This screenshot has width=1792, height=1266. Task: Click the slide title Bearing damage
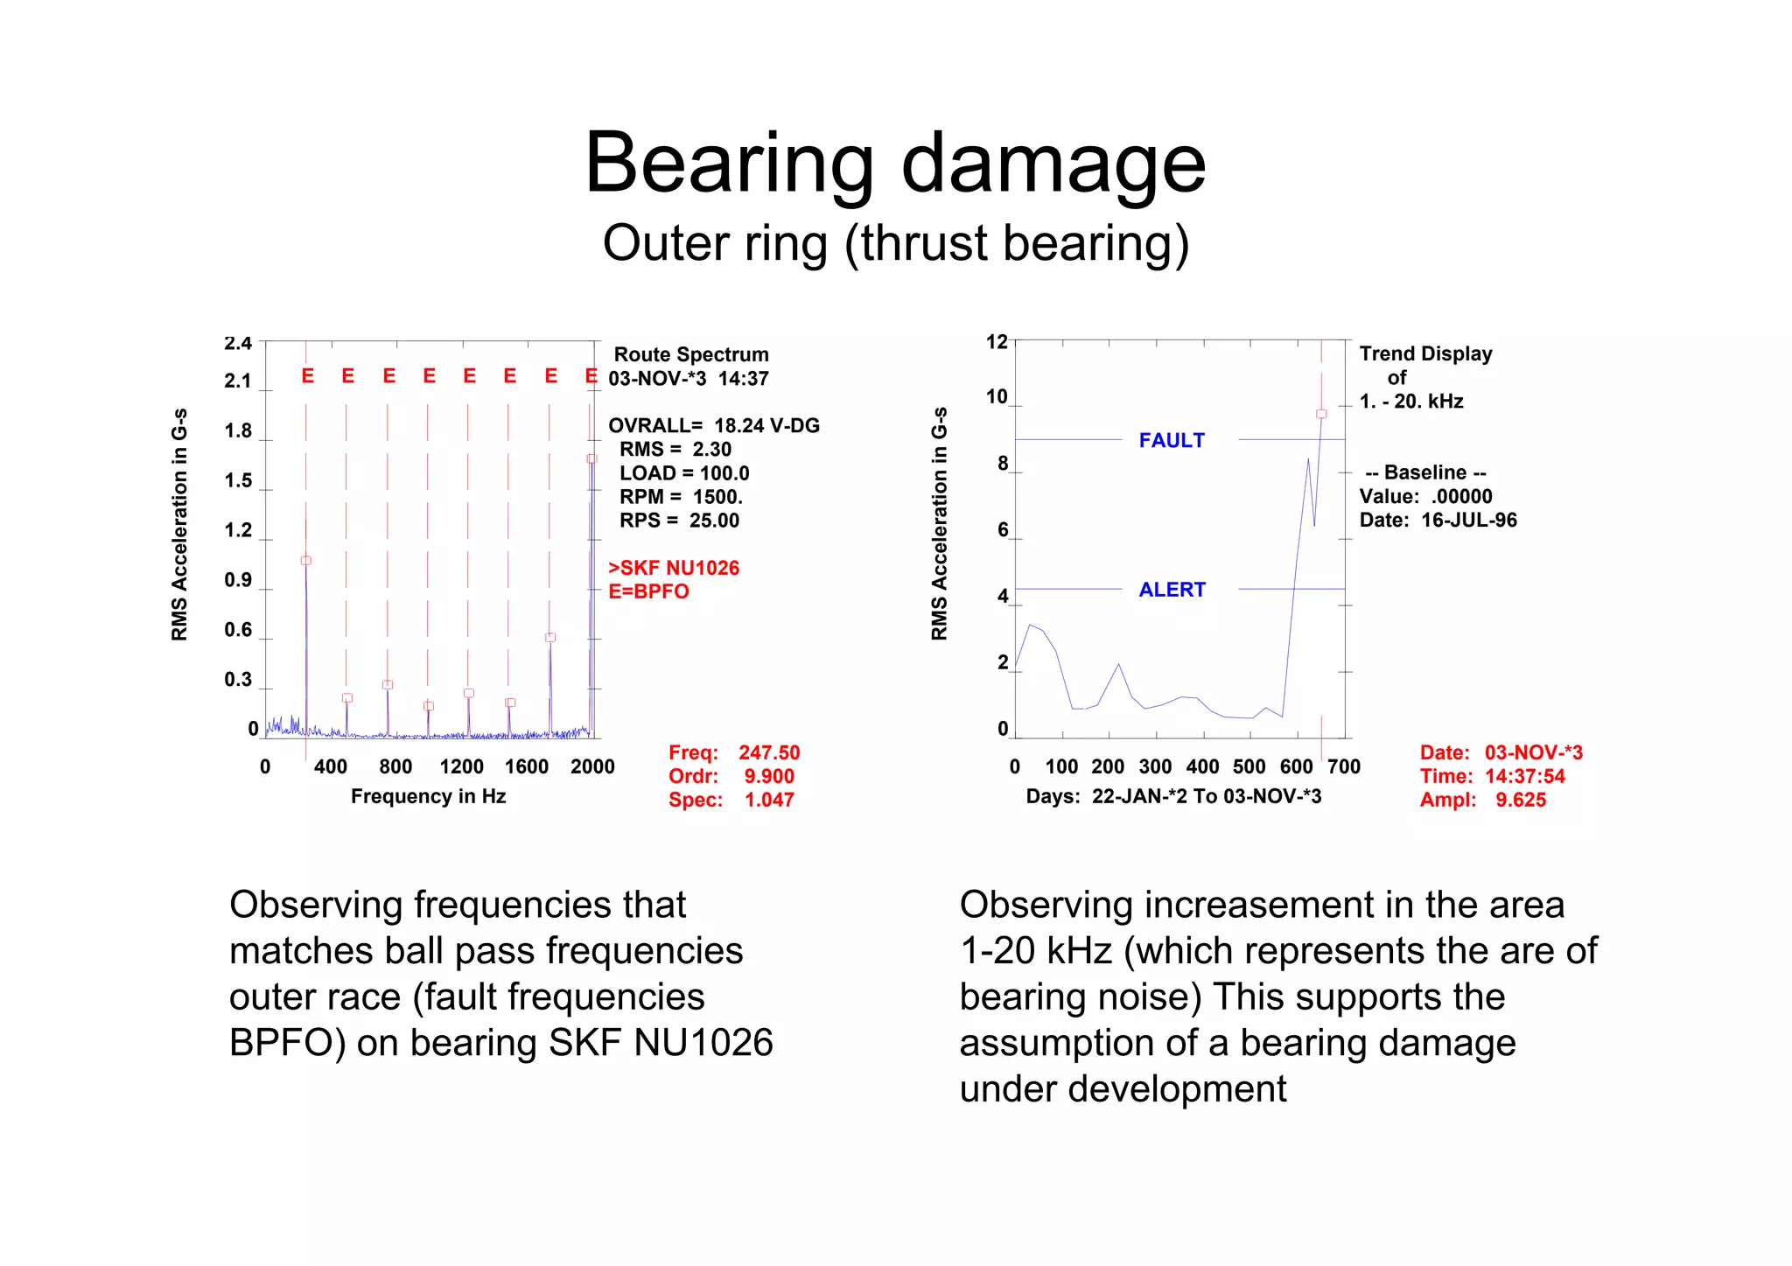[895, 164]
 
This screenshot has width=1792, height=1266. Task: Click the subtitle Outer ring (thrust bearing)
[895, 243]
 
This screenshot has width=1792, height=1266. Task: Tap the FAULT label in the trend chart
[1171, 440]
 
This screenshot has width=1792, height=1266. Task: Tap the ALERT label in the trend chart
[1171, 590]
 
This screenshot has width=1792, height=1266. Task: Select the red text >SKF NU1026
[674, 568]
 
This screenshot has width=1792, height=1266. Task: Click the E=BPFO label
[648, 591]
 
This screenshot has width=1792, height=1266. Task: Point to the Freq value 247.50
[768, 752]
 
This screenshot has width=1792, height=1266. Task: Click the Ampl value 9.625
[1520, 800]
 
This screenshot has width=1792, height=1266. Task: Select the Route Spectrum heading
[690, 354]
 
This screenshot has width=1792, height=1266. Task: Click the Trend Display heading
[1425, 353]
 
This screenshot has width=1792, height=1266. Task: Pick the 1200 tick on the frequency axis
[461, 766]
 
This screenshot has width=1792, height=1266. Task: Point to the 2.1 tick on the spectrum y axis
[238, 381]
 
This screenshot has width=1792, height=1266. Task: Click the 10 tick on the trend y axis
[997, 396]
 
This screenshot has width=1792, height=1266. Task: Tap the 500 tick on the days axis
[1249, 766]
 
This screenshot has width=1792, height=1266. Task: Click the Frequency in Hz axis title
[428, 796]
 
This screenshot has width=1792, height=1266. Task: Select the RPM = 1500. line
[681, 497]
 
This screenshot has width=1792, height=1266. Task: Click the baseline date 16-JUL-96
[1468, 520]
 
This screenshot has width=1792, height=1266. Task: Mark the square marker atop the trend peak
[1321, 414]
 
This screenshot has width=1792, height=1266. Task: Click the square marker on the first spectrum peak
[305, 560]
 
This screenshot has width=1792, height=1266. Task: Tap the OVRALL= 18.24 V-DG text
[713, 425]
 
